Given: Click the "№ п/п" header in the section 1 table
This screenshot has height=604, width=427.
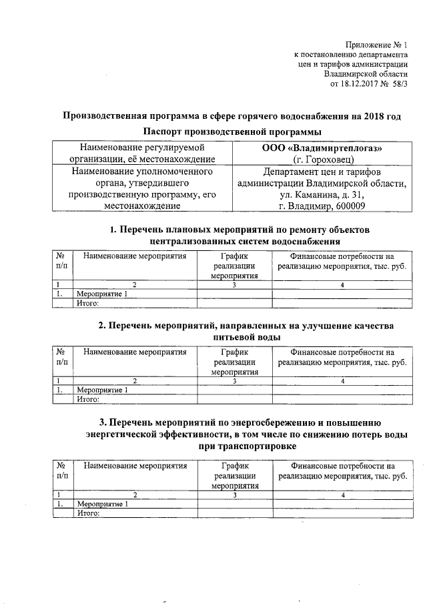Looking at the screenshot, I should (x=61, y=261).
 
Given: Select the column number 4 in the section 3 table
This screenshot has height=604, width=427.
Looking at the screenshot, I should (x=342, y=495).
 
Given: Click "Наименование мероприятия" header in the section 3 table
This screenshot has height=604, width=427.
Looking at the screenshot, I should (x=135, y=466).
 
